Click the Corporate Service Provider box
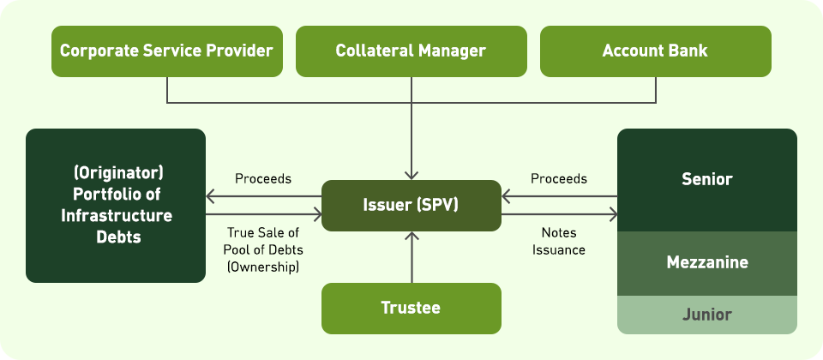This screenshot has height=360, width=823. [166, 51]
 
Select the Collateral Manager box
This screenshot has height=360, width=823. [411, 51]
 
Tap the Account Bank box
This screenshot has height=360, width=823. [655, 51]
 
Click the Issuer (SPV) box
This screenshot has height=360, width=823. [411, 206]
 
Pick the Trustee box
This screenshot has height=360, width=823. [411, 308]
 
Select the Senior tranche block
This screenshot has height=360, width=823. [706, 180]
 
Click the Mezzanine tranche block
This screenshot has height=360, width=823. [706, 263]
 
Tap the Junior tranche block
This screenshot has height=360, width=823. [706, 315]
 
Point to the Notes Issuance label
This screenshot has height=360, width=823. [558, 241]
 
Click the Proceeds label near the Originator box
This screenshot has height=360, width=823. [263, 179]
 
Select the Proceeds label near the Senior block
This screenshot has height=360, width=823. [558, 179]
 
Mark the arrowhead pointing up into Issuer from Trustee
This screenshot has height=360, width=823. [411, 237]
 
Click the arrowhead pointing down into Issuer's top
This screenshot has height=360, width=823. [411, 174]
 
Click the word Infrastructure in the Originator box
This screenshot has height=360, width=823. [116, 215]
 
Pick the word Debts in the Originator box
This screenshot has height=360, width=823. [116, 237]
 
